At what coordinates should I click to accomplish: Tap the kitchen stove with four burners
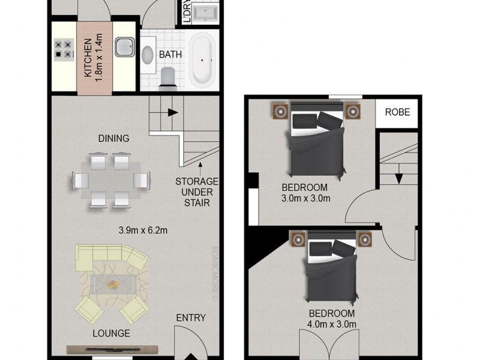pyautogui.click(x=63, y=49)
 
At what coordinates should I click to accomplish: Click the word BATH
pyautogui.click(x=170, y=55)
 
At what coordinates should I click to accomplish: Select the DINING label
pyautogui.click(x=114, y=139)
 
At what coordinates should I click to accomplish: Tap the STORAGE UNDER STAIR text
pyautogui.click(x=196, y=192)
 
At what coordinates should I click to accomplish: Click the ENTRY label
pyautogui.click(x=191, y=318)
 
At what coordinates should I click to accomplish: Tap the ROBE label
pyautogui.click(x=397, y=112)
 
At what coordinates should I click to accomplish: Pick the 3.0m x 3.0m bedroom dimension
pyautogui.click(x=306, y=198)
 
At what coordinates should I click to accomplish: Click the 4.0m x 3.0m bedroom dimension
pyautogui.click(x=332, y=325)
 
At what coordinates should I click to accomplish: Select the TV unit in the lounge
pyautogui.click(x=112, y=349)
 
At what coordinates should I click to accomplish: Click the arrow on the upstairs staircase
pyautogui.click(x=398, y=178)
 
